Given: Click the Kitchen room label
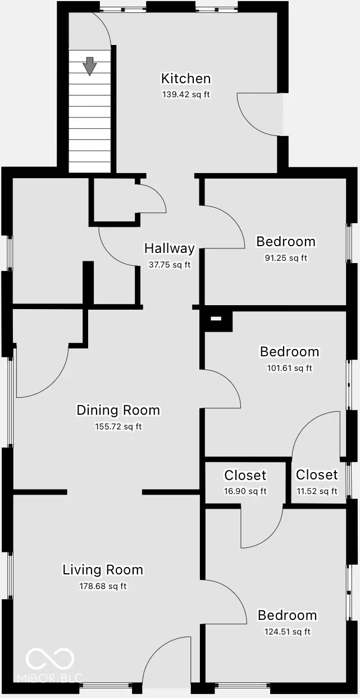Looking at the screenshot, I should (186, 79).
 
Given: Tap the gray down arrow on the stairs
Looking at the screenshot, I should (89, 65).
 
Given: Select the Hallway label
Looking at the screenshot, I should (169, 248).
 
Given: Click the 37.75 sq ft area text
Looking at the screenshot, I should (169, 265).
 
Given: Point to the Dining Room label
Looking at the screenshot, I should (118, 410).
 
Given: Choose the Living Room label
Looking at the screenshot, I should (102, 570).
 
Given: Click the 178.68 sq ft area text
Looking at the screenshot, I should (102, 586).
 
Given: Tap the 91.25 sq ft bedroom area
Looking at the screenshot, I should (285, 258).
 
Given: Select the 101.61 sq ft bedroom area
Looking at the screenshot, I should (289, 368).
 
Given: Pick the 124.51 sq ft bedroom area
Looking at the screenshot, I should (287, 631).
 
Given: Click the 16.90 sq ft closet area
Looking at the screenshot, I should (245, 491).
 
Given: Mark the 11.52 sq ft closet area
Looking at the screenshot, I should (317, 491).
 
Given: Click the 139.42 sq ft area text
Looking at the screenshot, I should (186, 94).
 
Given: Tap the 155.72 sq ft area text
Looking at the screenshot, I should (118, 427).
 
